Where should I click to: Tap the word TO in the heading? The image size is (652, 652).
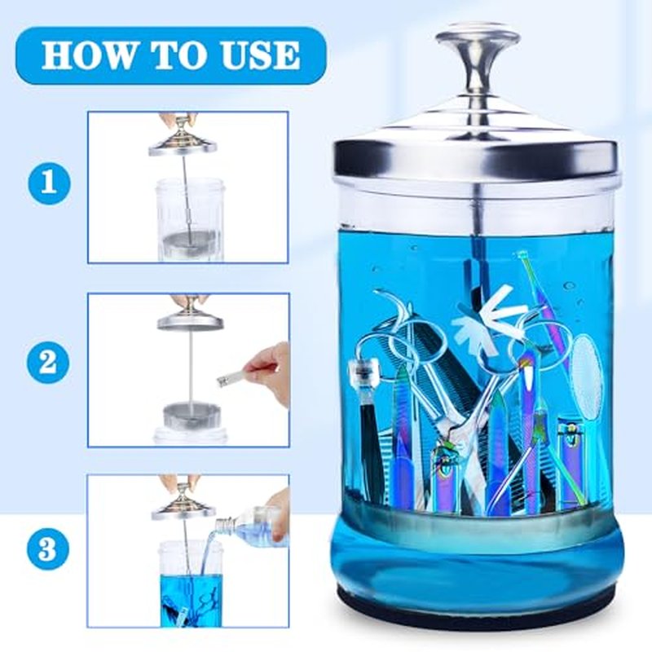coord(183,55)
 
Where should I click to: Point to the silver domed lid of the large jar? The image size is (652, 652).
coord(476,137)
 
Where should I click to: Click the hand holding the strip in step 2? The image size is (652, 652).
coord(268,373)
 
